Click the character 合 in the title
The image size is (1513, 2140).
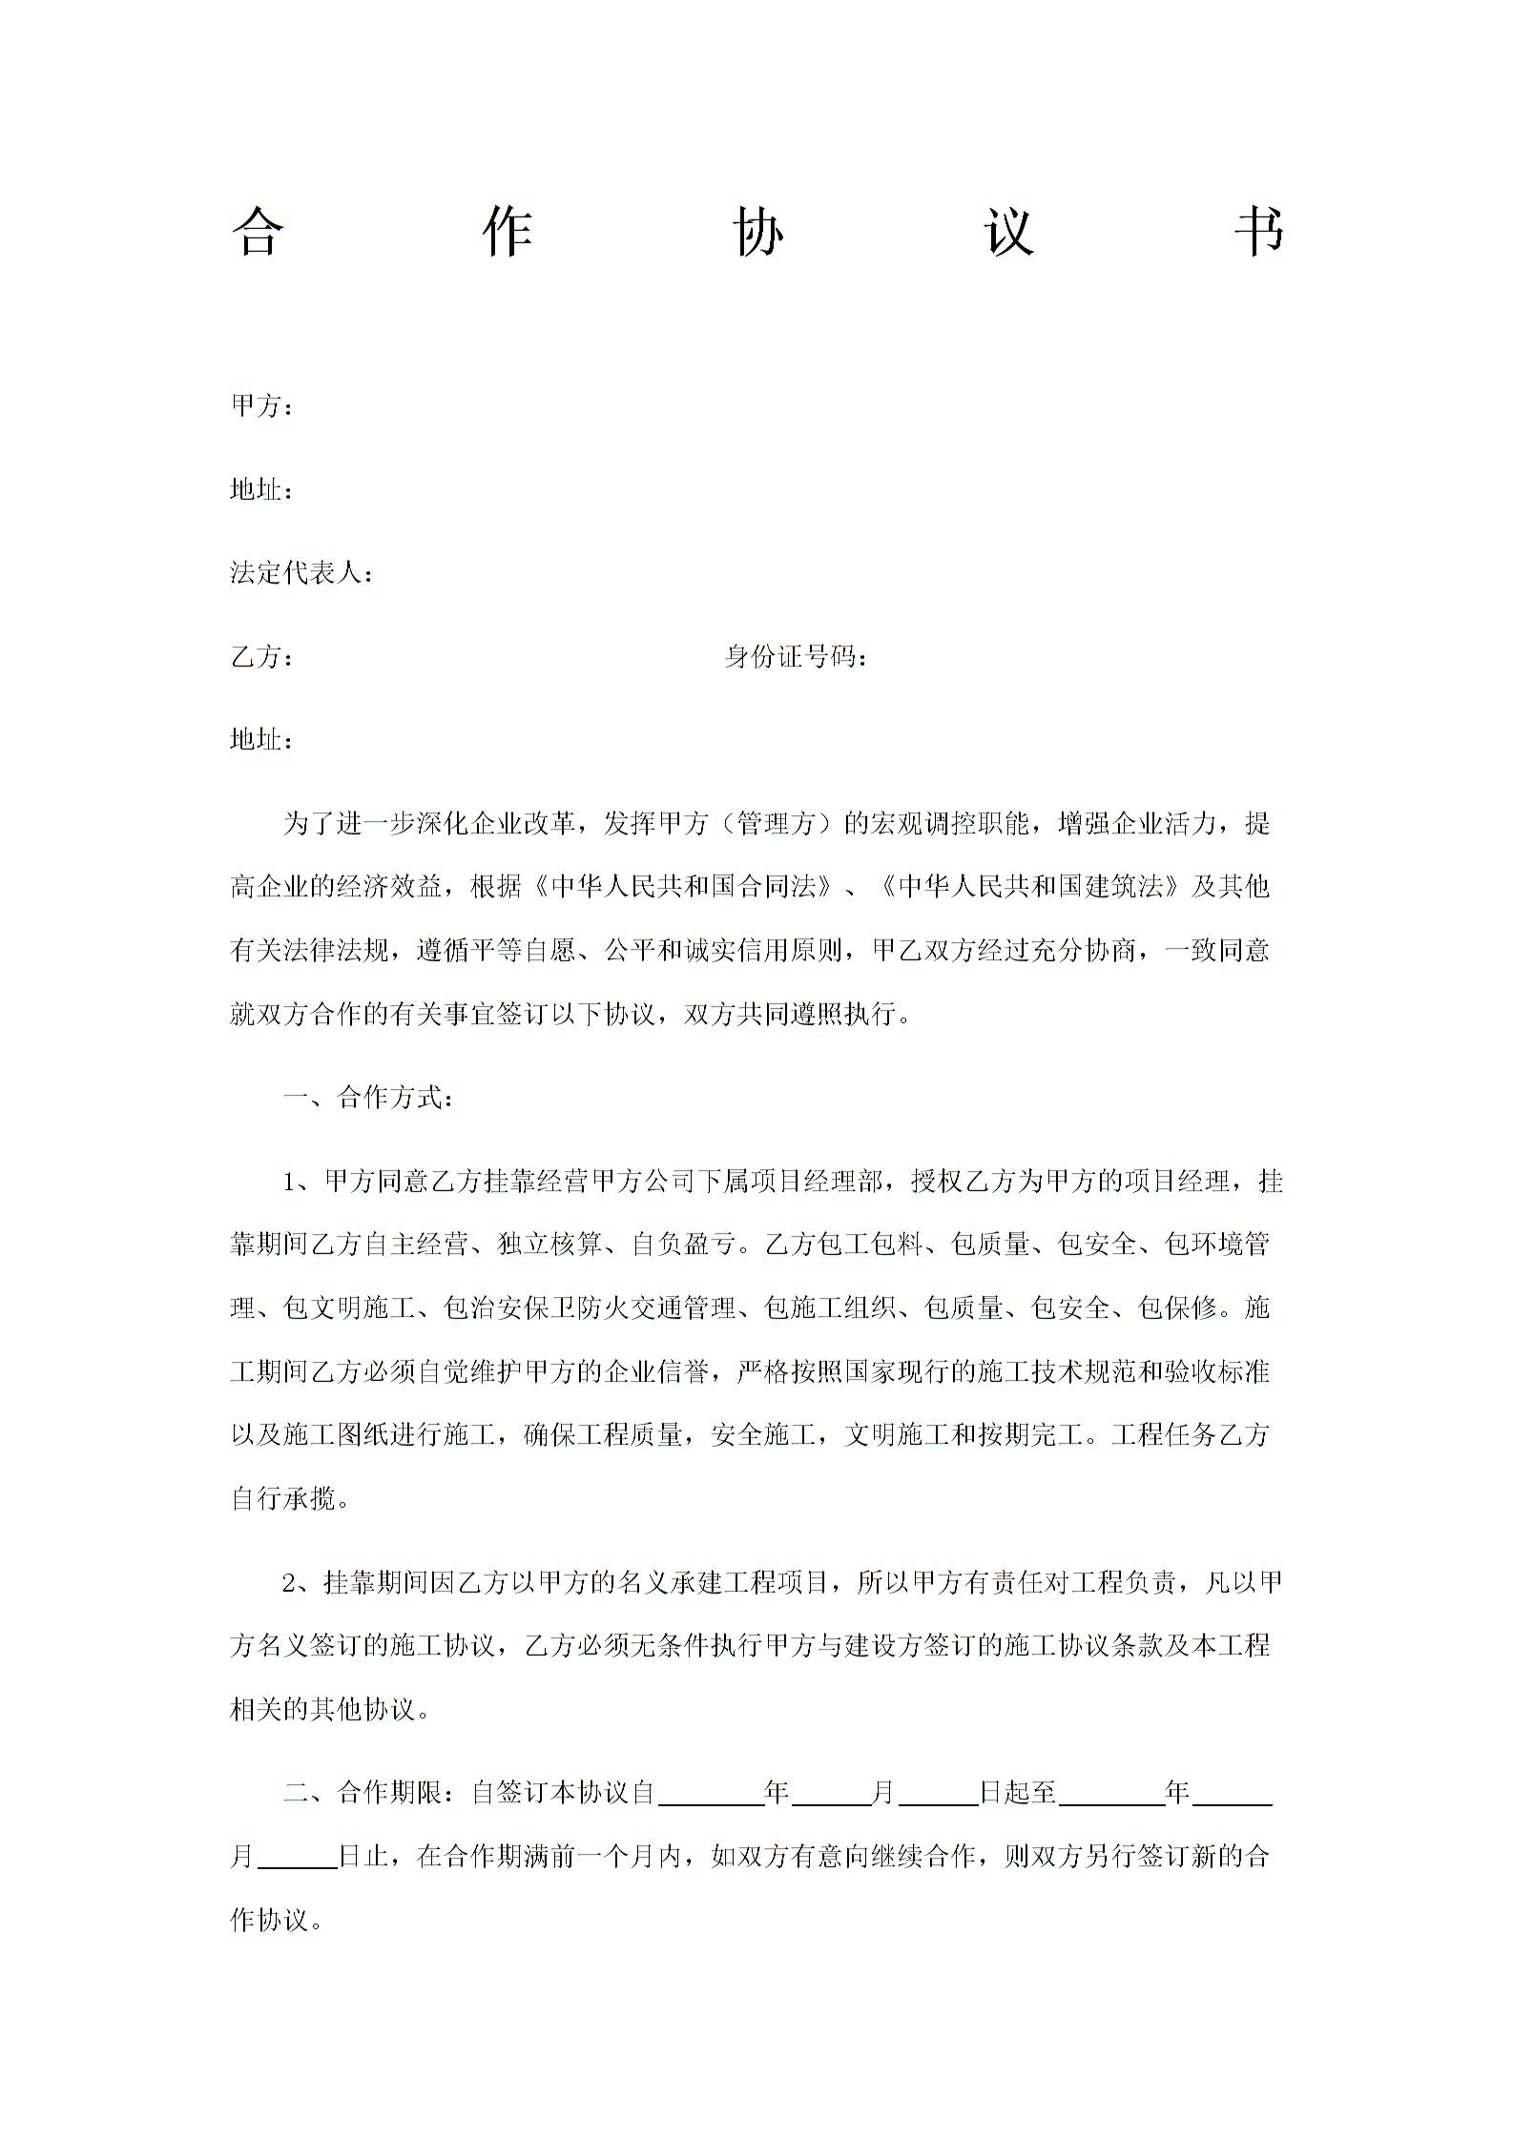[x=257, y=231]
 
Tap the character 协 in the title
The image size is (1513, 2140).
[x=759, y=231]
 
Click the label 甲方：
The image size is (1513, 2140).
[x=262, y=406]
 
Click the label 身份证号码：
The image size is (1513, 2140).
[x=797, y=657]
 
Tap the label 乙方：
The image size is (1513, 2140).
[x=262, y=657]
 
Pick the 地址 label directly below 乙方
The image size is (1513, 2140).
[x=262, y=740]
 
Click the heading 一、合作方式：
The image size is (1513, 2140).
[x=370, y=1098]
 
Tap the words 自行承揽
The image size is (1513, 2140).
[x=284, y=1498]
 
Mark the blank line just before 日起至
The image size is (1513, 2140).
[x=939, y=1793]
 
